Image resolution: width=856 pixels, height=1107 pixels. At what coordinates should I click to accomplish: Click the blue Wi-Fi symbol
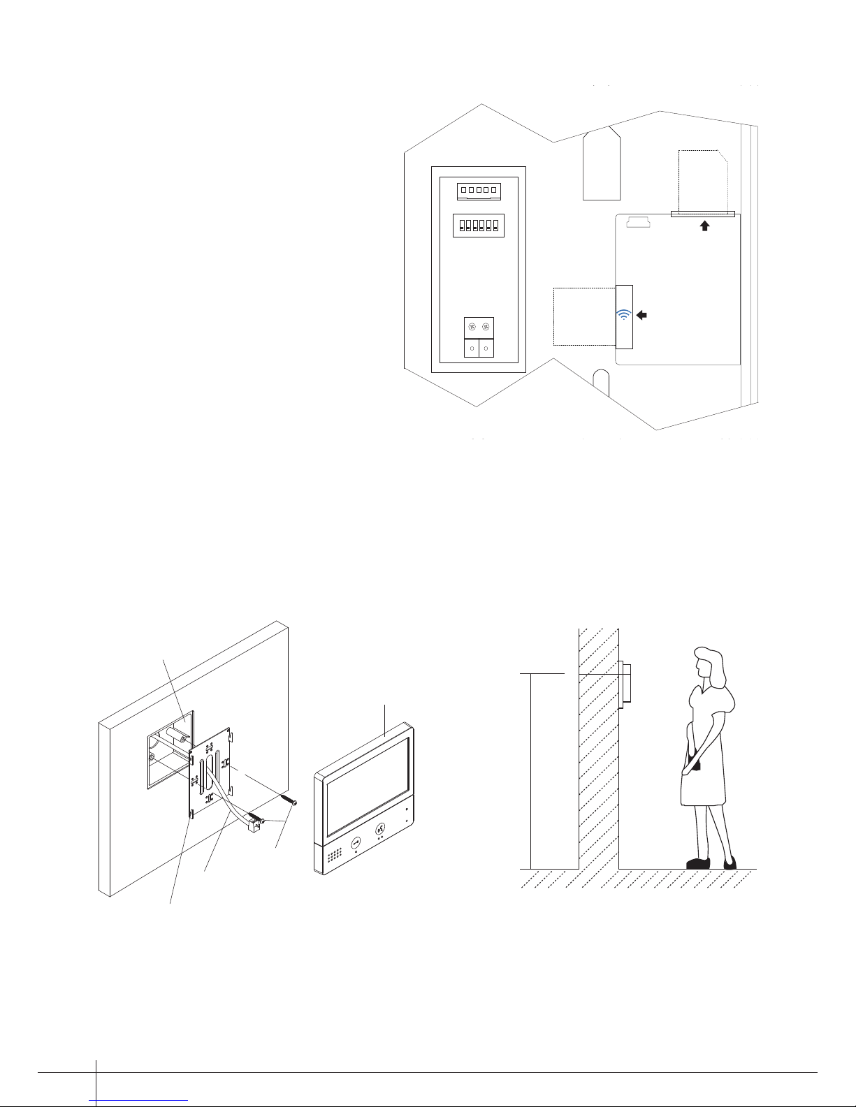[x=623, y=314]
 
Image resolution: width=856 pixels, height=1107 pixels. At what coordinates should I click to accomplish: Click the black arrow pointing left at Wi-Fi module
[x=642, y=316]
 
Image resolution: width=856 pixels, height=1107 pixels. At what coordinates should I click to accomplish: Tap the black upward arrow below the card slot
[x=705, y=226]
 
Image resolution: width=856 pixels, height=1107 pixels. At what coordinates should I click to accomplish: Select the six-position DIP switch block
[x=479, y=226]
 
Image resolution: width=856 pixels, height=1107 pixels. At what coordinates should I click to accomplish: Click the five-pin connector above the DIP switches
[x=479, y=190]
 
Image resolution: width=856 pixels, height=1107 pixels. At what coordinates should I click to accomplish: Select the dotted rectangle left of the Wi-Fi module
[x=584, y=316]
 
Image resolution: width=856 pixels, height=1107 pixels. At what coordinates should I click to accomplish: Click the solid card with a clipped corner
[x=602, y=163]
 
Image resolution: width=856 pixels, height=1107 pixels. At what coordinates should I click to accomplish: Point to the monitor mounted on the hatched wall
[x=625, y=682]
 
